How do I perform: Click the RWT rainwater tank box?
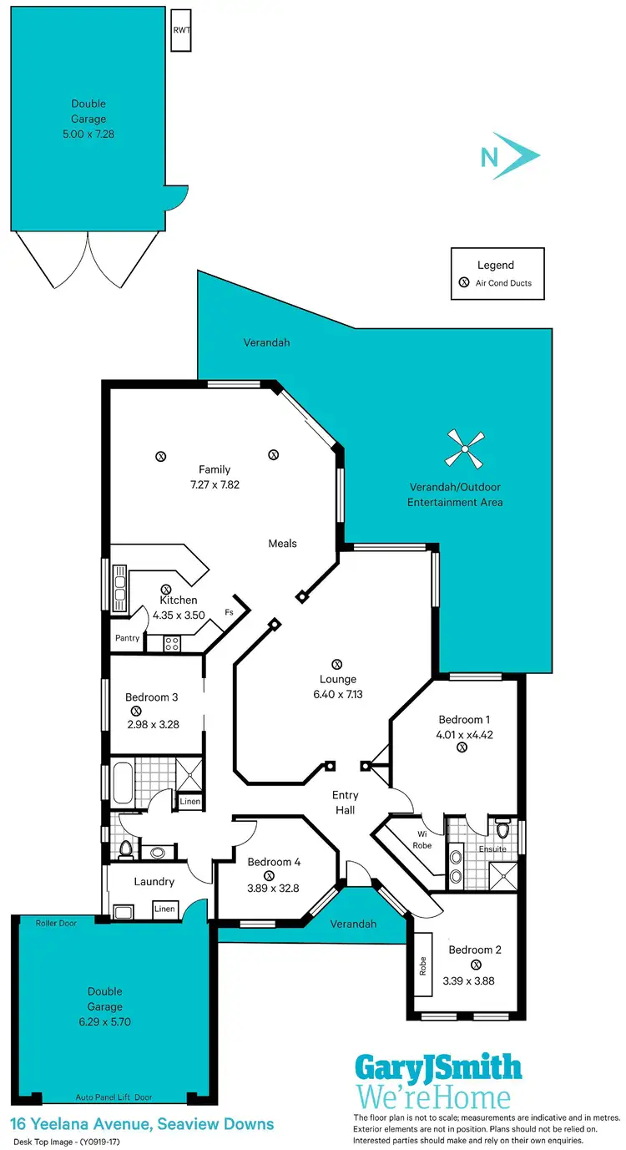[181, 30]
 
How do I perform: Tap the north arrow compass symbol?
[511, 155]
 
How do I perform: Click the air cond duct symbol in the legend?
[464, 283]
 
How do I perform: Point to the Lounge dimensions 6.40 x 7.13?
[338, 694]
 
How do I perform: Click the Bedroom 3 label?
[151, 697]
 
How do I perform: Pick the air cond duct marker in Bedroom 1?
[461, 748]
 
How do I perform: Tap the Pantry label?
[128, 638]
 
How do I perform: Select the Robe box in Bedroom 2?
[422, 966]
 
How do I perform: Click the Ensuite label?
[492, 849]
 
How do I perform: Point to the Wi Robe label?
[422, 839]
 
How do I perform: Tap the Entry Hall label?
[345, 803]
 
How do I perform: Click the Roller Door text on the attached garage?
[55, 923]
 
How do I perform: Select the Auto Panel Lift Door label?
[114, 1097]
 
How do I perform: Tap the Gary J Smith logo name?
[438, 1067]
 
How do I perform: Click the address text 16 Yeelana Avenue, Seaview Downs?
[142, 1124]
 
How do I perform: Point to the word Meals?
[282, 544]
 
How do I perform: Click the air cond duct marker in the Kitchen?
[165, 589]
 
